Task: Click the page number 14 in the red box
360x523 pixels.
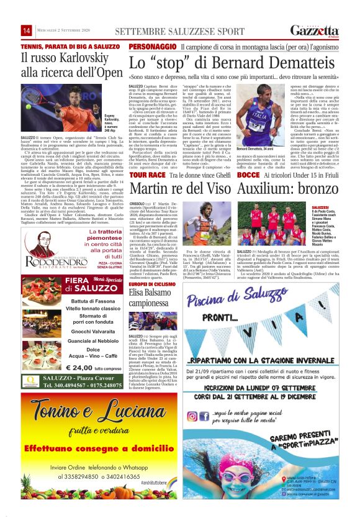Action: tap(27, 30)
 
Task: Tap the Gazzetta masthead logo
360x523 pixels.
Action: tap(315, 31)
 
